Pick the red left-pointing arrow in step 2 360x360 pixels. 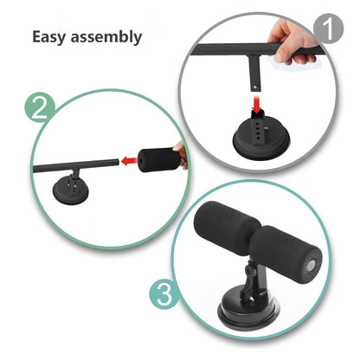[131, 159]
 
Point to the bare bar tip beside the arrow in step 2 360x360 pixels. [112, 162]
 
